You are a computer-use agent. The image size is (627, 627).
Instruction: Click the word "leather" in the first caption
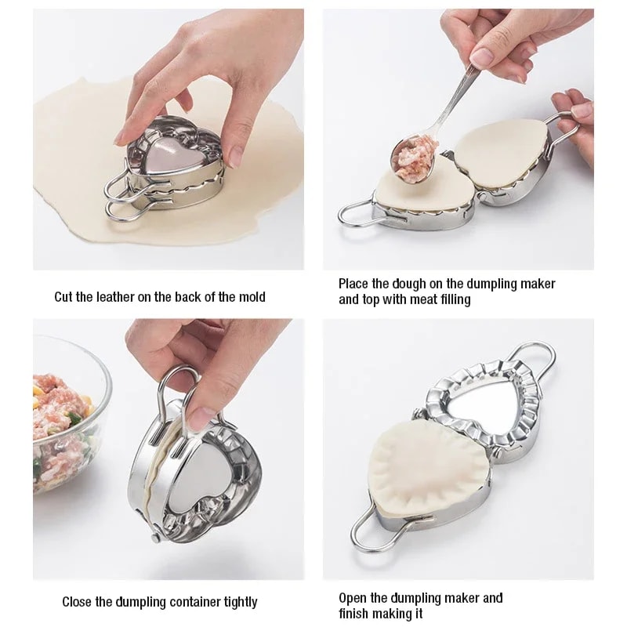[x=114, y=297]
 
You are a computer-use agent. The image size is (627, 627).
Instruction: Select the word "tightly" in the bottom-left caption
[x=234, y=602]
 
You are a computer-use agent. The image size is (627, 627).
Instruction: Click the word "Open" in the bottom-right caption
[x=354, y=598]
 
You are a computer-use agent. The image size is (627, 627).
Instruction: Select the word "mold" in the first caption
[x=249, y=297]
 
